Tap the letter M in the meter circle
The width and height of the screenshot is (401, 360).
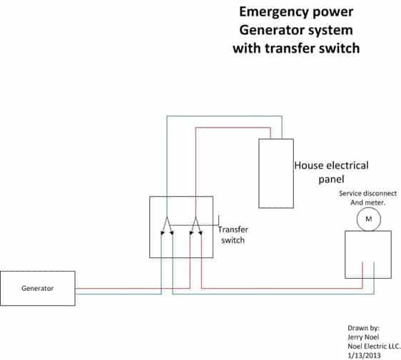coord(368,219)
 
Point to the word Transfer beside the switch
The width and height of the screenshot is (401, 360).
coord(233,230)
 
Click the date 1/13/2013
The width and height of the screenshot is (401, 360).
coord(364,356)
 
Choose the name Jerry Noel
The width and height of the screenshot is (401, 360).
coord(363,337)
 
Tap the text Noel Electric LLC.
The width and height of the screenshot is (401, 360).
coord(374,346)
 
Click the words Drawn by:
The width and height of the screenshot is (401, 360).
coord(363,328)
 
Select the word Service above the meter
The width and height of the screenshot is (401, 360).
coord(350,193)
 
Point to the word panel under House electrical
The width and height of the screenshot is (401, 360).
coord(331,179)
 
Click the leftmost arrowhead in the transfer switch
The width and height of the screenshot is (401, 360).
coord(162,233)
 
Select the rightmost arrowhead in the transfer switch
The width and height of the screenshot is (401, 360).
coord(200,233)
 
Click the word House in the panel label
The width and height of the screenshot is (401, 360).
coord(306,165)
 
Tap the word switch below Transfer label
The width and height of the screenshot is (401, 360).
coord(233,240)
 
